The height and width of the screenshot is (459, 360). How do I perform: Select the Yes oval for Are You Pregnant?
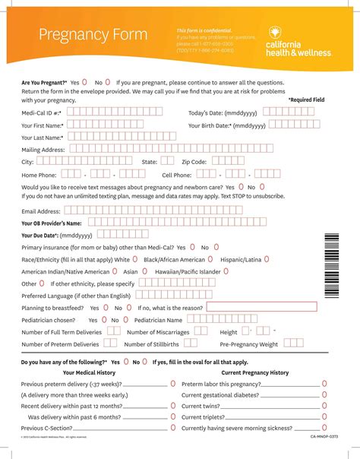[84, 81]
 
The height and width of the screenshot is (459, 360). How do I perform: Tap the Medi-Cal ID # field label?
[42, 112]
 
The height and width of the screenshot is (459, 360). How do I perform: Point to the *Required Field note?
[306, 100]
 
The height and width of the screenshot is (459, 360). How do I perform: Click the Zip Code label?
[194, 162]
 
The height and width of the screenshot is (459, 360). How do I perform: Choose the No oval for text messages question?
[262, 185]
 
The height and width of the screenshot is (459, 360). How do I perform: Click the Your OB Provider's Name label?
[52, 223]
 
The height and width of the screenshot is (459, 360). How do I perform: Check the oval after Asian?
[144, 271]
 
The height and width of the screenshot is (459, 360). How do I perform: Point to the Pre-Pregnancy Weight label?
[249, 344]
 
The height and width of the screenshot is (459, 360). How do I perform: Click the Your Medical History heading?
[89, 373]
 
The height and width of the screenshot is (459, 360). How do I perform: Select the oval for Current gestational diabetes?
[324, 395]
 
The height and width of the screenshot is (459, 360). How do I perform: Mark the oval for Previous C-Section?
[173, 428]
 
